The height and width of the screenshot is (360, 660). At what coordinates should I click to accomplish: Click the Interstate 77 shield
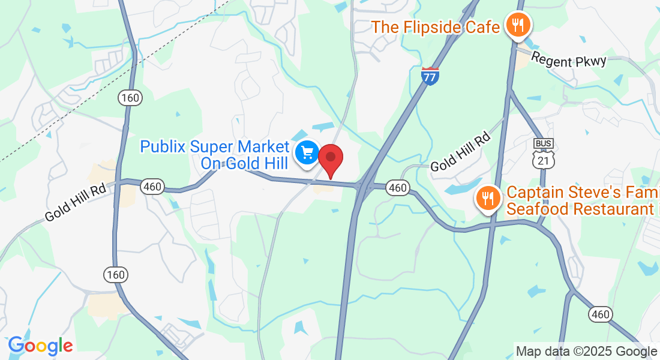[430, 76]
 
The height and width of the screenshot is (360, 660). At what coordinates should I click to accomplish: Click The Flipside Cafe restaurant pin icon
[516, 25]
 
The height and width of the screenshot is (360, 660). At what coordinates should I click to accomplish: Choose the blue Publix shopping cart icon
[307, 152]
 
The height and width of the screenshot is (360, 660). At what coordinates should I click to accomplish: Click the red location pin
[330, 158]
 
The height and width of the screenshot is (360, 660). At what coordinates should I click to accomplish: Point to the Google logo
[40, 346]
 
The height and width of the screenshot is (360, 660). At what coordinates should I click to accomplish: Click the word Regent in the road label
[551, 59]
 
